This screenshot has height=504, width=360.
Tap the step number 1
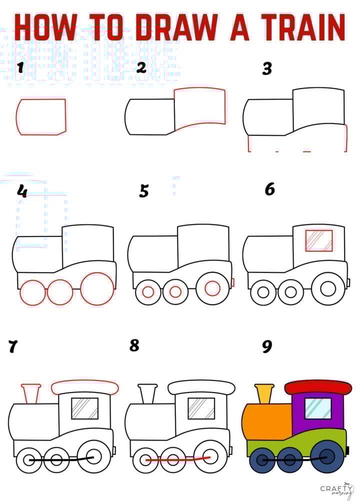(20, 67)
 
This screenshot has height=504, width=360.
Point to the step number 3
(267, 69)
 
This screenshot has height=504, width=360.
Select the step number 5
(144, 191)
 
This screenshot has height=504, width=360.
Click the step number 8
(134, 345)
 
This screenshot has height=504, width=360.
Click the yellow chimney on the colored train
(264, 393)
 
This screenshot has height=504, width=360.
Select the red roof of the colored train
(318, 387)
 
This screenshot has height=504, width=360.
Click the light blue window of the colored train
(318, 408)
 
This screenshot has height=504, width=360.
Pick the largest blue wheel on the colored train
(327, 456)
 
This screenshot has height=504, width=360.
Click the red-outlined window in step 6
(319, 240)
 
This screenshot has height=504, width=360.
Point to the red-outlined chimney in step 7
(31, 393)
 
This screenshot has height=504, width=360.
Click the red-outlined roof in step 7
(85, 387)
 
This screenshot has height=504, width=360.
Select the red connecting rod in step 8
(177, 459)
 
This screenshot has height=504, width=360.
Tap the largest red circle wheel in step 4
(97, 288)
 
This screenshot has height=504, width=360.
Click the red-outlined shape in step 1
(41, 117)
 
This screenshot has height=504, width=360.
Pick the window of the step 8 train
(201, 408)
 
